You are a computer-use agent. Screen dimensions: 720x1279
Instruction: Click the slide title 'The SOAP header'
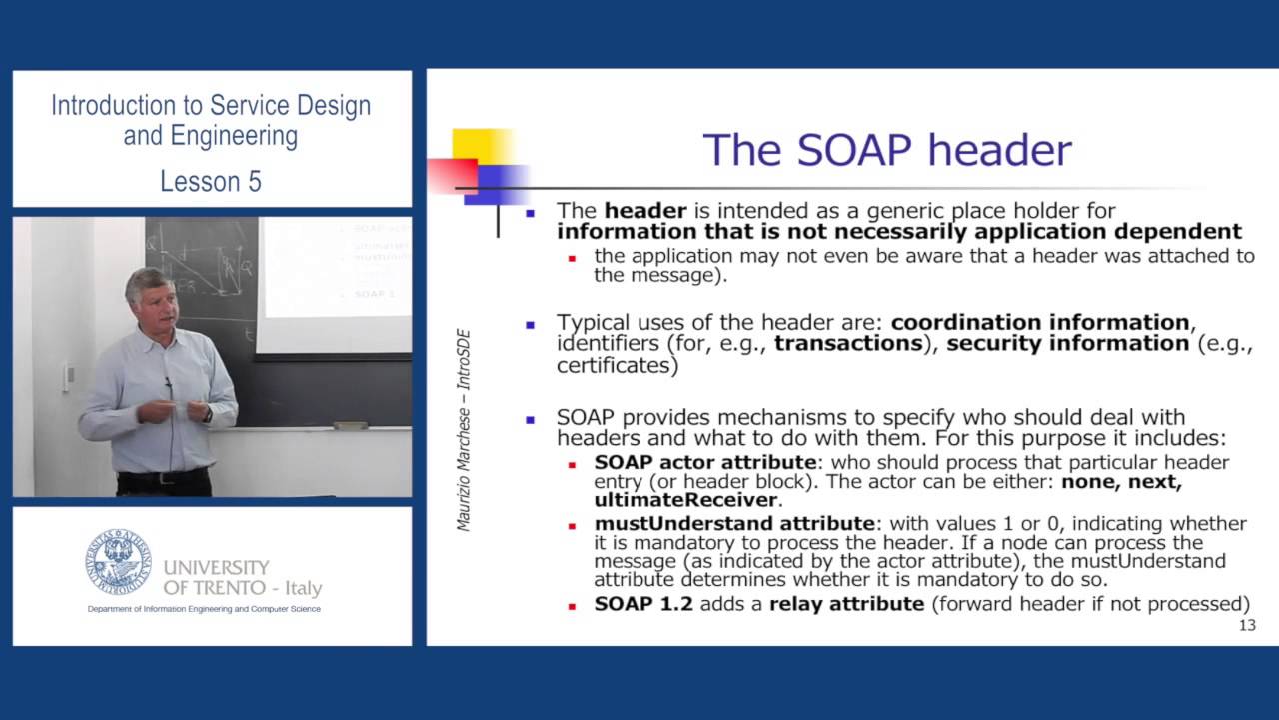(x=886, y=150)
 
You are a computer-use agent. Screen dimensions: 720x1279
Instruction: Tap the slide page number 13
(x=1246, y=626)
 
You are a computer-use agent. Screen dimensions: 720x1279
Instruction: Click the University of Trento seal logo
(x=118, y=562)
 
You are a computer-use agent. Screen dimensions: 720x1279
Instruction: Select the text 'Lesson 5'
(x=211, y=181)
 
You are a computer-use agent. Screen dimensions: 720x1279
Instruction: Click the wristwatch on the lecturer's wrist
(x=206, y=412)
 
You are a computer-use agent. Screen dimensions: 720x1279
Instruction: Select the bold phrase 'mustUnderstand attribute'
(x=733, y=523)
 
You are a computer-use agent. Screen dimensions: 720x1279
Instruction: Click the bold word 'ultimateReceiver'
(x=685, y=499)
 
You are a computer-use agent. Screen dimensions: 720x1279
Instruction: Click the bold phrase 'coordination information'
(x=1039, y=322)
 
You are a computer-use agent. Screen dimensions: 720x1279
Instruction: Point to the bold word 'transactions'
(x=847, y=344)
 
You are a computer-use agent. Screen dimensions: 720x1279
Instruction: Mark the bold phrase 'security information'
(x=1067, y=344)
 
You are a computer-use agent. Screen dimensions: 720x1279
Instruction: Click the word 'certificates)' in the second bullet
(x=618, y=365)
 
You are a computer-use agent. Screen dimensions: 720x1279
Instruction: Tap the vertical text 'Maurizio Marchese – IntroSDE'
(x=464, y=430)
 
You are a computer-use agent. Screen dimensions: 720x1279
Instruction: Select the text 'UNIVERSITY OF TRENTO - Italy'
(x=242, y=578)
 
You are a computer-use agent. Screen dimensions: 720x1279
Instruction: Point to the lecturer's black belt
(x=165, y=477)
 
